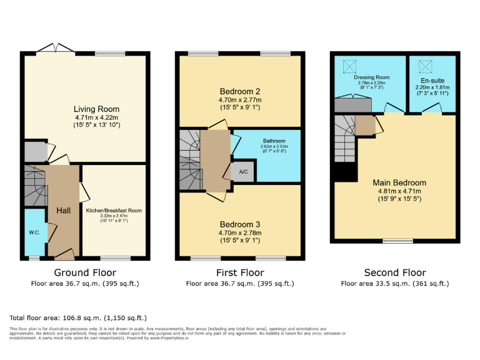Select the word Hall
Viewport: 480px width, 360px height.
coord(63,211)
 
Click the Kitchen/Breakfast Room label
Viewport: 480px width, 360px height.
coord(114,211)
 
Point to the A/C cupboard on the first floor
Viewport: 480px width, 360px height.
coord(243,172)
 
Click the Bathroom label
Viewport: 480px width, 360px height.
coord(272,142)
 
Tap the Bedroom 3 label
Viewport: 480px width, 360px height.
coord(240,224)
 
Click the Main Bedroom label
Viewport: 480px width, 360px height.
coord(400,182)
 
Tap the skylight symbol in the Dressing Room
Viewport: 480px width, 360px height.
coord(347,64)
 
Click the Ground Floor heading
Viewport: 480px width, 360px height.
coord(85,272)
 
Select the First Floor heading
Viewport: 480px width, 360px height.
coord(240,272)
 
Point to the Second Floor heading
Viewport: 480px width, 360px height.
coord(395,272)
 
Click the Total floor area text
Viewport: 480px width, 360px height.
coord(78,317)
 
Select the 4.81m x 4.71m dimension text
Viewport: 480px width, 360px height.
coord(400,191)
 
